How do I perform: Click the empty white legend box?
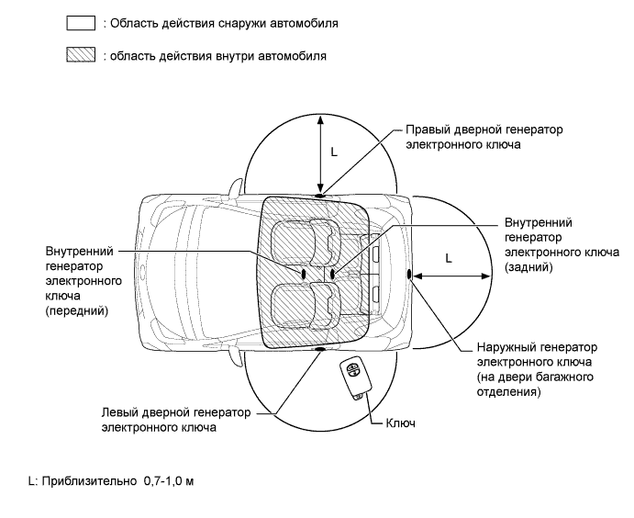pyautogui.click(x=82, y=24)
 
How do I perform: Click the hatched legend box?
pyautogui.click(x=82, y=56)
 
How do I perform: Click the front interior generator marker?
pyautogui.click(x=303, y=274)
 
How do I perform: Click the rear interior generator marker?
pyautogui.click(x=332, y=274)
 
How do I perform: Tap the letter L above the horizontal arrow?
pyautogui.click(x=448, y=259)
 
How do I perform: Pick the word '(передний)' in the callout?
pyautogui.click(x=76, y=311)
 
